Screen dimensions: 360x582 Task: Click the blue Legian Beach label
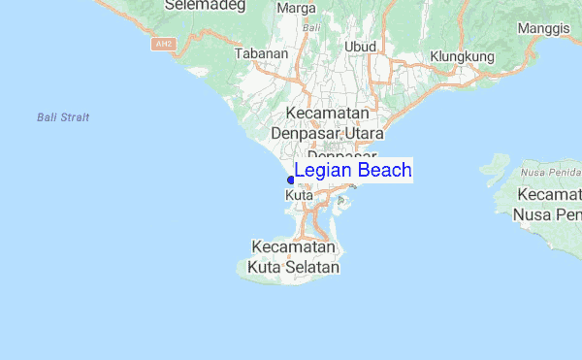click(x=352, y=171)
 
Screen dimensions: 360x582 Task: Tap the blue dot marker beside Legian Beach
click(x=290, y=180)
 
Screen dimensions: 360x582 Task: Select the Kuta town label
click(x=299, y=195)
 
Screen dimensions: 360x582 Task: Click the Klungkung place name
click(x=462, y=56)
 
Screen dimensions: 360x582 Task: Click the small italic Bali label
click(x=311, y=28)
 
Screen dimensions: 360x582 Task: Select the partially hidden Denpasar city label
click(x=341, y=155)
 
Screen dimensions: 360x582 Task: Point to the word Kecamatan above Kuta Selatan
click(x=295, y=246)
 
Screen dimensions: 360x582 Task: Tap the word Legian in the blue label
click(x=323, y=171)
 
